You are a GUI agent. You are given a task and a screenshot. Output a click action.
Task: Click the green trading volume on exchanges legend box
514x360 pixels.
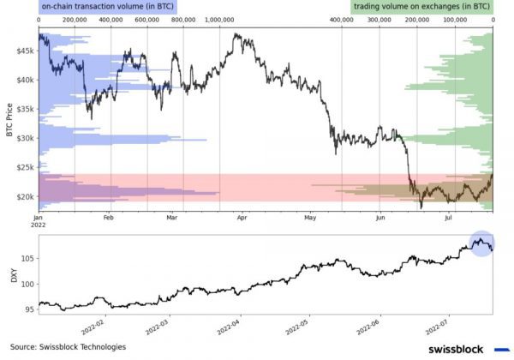(x=422, y=7)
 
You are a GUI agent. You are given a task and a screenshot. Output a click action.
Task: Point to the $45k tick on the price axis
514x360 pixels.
(x=23, y=51)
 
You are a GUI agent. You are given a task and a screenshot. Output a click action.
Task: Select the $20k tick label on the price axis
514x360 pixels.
(x=23, y=196)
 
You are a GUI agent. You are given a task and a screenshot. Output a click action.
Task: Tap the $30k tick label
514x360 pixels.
(x=23, y=138)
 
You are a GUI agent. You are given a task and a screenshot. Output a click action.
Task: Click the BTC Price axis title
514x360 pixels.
(x=9, y=120)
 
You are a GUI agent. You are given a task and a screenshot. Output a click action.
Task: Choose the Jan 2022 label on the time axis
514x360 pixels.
(x=39, y=224)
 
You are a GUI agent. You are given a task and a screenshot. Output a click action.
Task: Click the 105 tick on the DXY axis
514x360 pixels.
(x=27, y=258)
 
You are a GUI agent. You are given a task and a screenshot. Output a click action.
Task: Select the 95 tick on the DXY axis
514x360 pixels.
(x=28, y=309)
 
